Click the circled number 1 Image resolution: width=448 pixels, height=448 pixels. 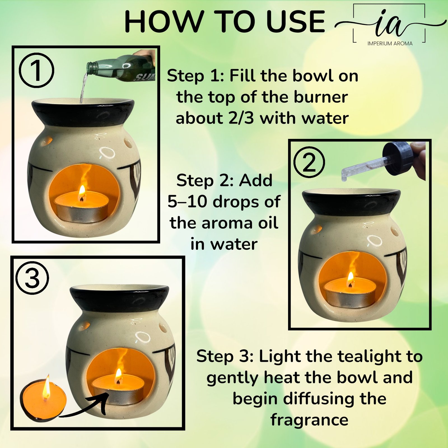point(36,70)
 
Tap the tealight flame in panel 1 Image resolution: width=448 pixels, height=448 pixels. point(82,192)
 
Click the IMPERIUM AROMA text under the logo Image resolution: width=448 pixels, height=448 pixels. point(390,43)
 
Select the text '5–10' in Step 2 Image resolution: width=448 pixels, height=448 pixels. point(188,202)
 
